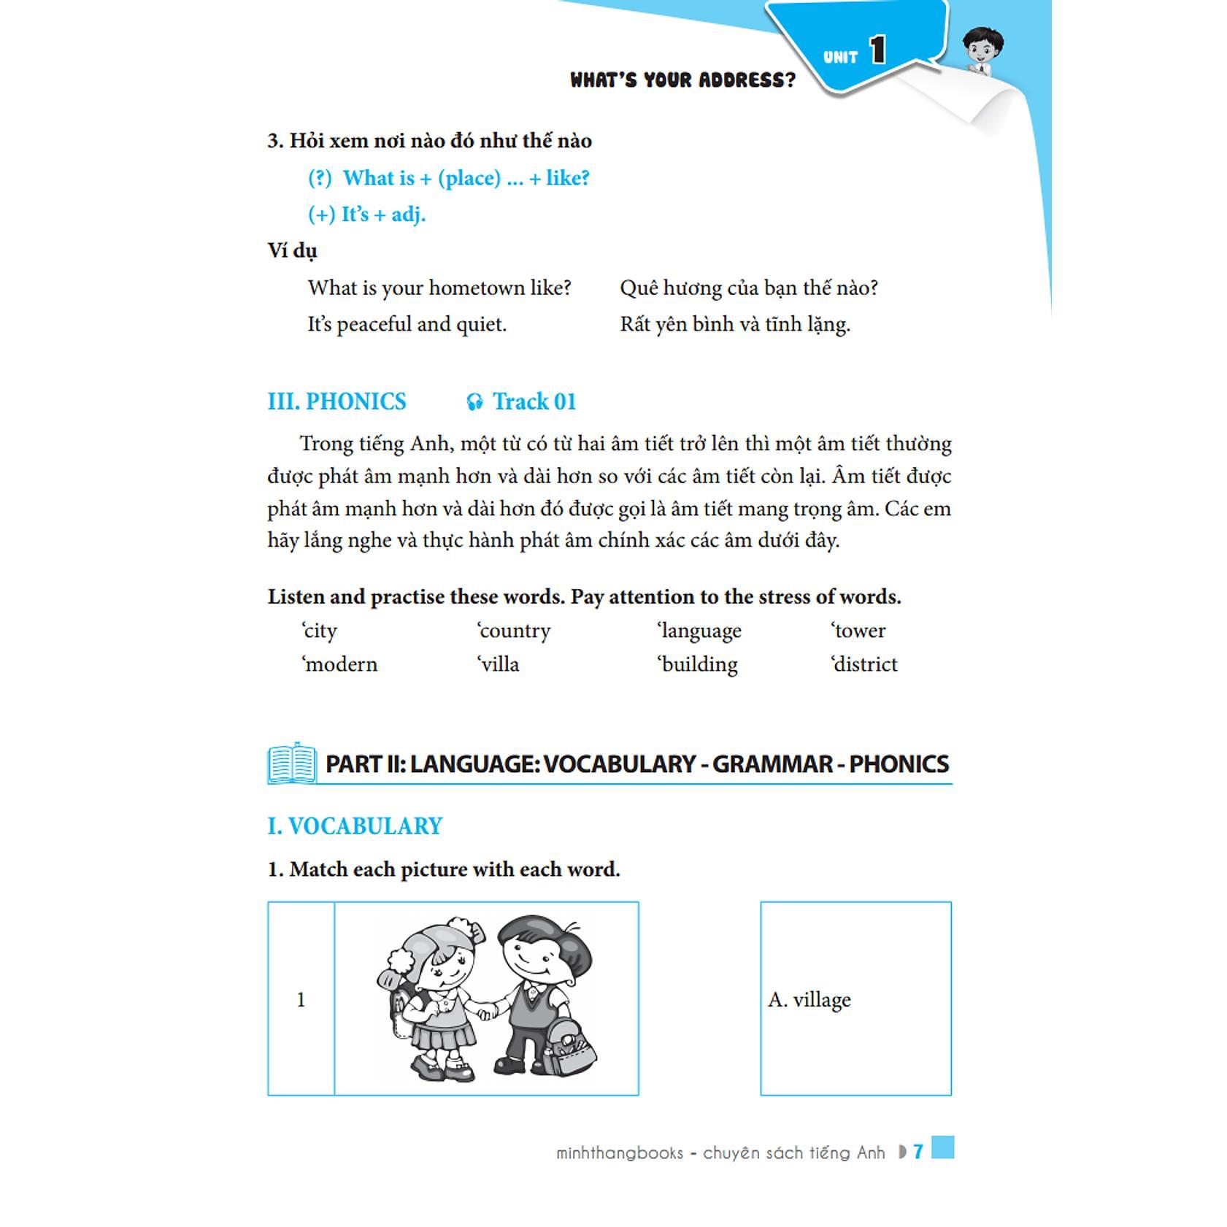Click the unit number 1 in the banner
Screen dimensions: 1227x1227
click(877, 51)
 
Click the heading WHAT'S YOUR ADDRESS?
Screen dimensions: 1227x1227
click(682, 80)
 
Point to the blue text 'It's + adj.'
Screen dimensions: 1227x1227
click(366, 215)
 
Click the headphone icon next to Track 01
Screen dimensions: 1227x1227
click(474, 402)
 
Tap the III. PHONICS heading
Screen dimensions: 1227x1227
click(336, 401)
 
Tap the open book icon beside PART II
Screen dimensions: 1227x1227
click(292, 763)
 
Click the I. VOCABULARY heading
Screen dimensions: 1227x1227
click(355, 826)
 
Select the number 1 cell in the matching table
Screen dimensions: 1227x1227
click(301, 999)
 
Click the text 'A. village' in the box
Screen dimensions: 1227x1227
click(809, 999)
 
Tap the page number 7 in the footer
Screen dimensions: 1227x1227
click(918, 1151)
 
